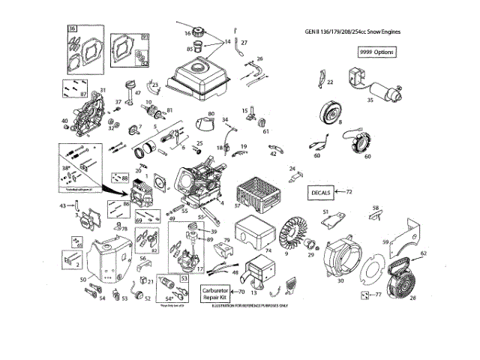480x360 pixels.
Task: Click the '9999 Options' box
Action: click(376, 52)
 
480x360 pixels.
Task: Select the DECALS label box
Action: click(322, 193)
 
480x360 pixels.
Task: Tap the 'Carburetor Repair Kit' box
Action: click(216, 295)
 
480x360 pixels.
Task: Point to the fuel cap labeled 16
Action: click(199, 33)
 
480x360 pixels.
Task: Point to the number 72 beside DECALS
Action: click(349, 193)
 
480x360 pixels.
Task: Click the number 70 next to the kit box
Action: click(241, 292)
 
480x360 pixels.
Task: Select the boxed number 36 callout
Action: click(73, 28)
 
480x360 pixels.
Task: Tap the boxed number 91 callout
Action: click(145, 36)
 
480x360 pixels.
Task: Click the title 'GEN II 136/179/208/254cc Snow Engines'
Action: click(352, 31)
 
